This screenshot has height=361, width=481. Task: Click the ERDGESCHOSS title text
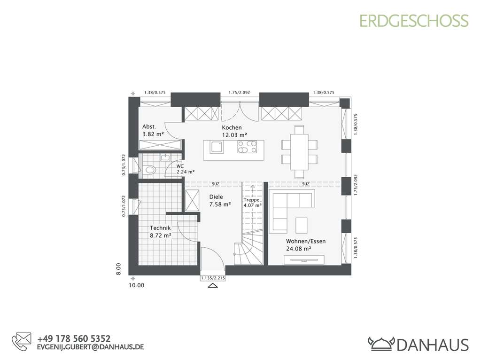[414, 21]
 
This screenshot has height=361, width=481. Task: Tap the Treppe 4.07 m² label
[252, 202]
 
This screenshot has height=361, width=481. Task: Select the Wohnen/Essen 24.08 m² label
[305, 244]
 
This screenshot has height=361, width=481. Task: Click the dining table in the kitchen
[299, 151]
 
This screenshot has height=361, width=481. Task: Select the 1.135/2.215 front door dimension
[213, 278]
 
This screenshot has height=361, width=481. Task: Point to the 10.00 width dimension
[137, 285]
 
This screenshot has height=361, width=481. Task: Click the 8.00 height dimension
[119, 268]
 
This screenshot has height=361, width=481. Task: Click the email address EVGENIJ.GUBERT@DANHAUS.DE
[90, 347]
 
